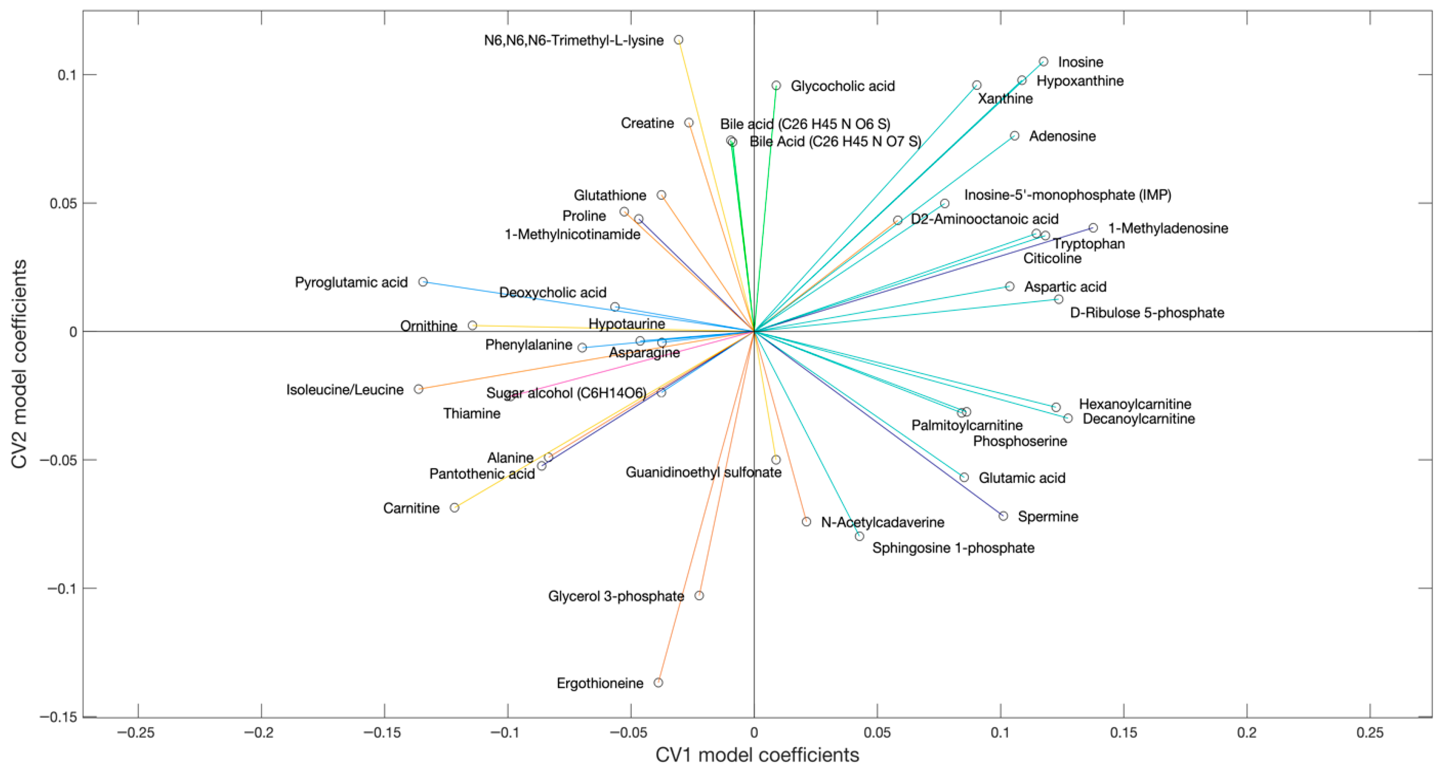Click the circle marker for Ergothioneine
click(x=658, y=682)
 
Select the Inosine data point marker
click(x=1043, y=62)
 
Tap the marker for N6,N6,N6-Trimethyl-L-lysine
click(x=678, y=40)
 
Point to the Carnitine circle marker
click(x=454, y=507)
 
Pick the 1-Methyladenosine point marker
click(x=1092, y=228)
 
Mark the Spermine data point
click(x=1003, y=516)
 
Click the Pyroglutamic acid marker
click(x=423, y=281)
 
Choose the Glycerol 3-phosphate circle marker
click(x=699, y=595)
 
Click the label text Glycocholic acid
click(x=842, y=86)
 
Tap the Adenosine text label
click(x=1062, y=136)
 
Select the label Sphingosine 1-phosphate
click(x=953, y=548)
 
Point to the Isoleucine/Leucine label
click(x=345, y=390)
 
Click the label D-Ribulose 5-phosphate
click(x=1146, y=312)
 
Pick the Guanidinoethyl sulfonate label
click(x=703, y=472)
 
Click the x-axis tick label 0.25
click(x=1369, y=732)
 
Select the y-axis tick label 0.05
click(x=63, y=203)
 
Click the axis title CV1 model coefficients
click(x=757, y=755)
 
